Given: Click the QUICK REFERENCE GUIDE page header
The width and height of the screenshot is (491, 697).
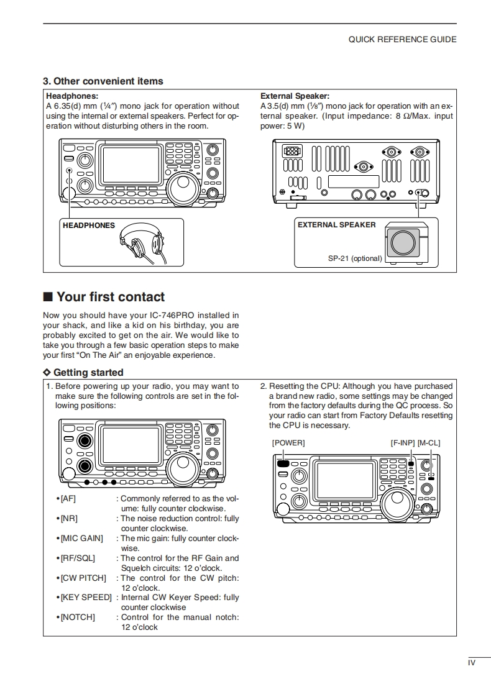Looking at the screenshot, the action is tap(402, 40).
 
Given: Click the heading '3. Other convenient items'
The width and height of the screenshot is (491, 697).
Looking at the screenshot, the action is tap(103, 81).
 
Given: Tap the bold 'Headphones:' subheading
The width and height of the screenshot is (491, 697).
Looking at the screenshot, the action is tap(72, 96).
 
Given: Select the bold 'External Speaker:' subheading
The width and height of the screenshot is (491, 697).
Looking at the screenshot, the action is tap(295, 96).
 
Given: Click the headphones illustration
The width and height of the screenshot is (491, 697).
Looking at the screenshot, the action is tap(143, 243).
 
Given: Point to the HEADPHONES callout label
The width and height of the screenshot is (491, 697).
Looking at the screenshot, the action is tap(88, 225).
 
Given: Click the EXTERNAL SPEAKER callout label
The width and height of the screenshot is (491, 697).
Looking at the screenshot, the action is tap(337, 225).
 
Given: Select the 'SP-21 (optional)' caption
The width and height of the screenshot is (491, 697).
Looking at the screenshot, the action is tap(355, 258).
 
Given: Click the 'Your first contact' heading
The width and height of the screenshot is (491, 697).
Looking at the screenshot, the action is tap(104, 296).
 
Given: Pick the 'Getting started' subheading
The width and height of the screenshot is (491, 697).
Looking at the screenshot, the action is tap(83, 373).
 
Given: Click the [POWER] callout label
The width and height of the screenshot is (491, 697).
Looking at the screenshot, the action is tap(288, 443).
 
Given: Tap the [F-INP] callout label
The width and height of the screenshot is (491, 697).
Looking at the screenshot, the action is tap(403, 443).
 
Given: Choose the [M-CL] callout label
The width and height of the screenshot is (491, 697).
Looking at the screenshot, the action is tap(429, 443).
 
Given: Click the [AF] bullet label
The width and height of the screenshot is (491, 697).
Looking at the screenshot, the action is tap(68, 499).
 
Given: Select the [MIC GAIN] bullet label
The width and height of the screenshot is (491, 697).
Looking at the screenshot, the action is tap(81, 539).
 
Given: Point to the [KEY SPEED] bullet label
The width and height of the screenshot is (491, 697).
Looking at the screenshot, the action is tap(86, 598).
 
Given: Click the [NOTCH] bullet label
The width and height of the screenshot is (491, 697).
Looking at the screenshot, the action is tap(78, 617).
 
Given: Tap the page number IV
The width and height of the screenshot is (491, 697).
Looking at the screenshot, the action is tap(472, 663).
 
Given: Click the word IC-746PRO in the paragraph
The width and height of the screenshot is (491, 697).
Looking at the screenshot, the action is tap(172, 315).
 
